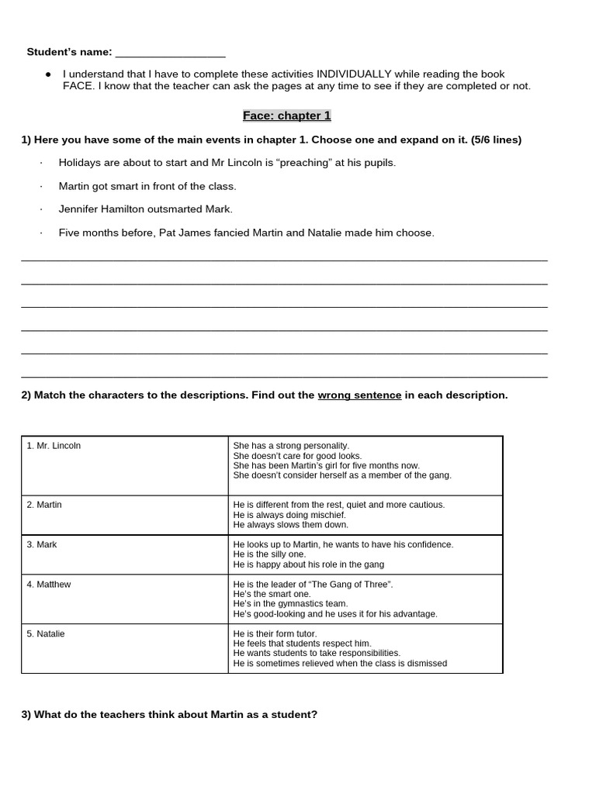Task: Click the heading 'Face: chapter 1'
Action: [x=286, y=116]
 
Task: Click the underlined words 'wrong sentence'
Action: [x=359, y=395]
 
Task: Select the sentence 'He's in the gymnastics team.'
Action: [x=290, y=603]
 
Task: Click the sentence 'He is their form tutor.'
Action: [x=275, y=633]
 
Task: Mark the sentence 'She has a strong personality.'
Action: [x=291, y=446]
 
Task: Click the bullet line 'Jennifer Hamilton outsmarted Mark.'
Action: [x=145, y=209]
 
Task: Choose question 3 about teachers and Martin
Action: [x=169, y=714]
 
